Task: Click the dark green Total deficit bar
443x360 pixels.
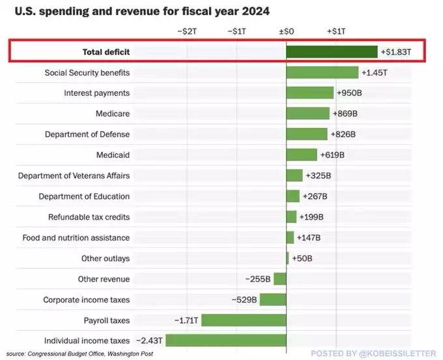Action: [332, 52]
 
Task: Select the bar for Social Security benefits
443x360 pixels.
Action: [322, 72]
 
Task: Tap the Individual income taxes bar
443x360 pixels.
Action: [226, 340]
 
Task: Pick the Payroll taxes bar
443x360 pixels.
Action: [244, 320]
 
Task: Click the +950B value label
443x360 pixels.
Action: [350, 93]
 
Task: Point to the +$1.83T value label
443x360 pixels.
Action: [396, 52]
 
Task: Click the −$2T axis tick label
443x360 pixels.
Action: [187, 31]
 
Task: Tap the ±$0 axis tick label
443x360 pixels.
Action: [287, 31]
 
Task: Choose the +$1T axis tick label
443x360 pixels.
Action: [336, 31]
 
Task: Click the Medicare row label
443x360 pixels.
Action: [113, 113]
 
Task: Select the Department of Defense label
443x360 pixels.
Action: [87, 134]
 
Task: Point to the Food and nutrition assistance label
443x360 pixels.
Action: [76, 238]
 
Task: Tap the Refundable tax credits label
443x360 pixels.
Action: [89, 217]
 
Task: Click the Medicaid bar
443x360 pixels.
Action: [302, 155]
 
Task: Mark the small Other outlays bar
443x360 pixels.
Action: [288, 258]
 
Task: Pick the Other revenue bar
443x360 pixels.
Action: [279, 279]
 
